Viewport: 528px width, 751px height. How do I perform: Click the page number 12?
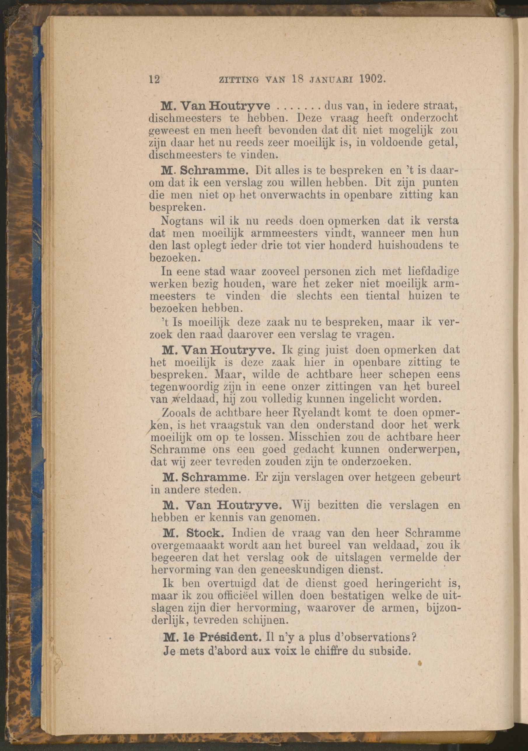(x=154, y=80)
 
